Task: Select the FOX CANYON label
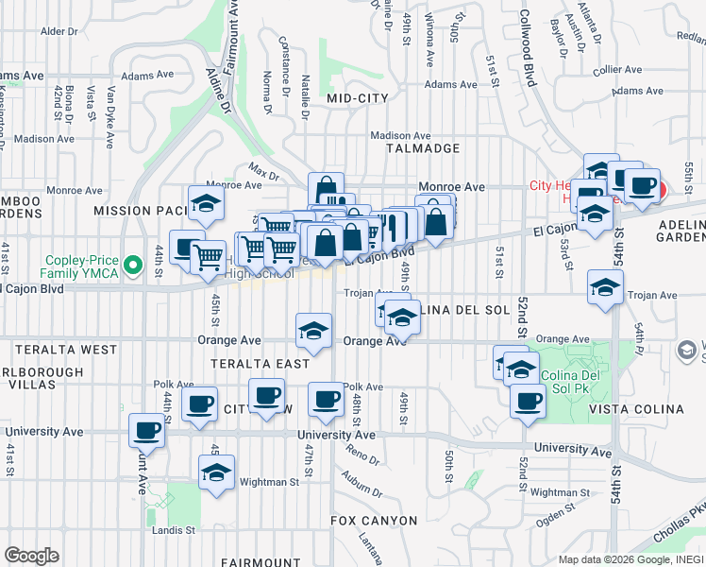click(374, 521)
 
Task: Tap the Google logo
click(31, 556)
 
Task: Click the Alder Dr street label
click(59, 31)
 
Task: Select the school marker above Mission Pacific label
click(205, 201)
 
